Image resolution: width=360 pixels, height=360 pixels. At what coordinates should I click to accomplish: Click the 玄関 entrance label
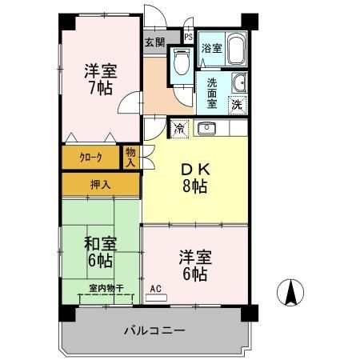pos(155,42)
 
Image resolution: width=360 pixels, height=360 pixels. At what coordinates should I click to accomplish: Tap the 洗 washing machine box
pos(238,104)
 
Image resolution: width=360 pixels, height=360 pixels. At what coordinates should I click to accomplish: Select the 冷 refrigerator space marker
pos(179,128)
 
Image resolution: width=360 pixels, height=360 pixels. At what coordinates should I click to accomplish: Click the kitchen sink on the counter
pos(205,127)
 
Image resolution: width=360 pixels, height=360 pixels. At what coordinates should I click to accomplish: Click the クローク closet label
pos(90,158)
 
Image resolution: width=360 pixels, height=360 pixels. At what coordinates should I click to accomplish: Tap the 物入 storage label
pos(131,156)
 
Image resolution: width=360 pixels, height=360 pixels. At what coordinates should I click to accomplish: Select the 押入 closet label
pos(102,184)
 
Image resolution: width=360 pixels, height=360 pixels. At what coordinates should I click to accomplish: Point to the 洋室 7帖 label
pos(99,78)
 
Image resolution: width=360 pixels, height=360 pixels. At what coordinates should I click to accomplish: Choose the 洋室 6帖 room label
pos(194,265)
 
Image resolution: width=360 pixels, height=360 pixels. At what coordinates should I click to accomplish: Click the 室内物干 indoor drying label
pos(106,289)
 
